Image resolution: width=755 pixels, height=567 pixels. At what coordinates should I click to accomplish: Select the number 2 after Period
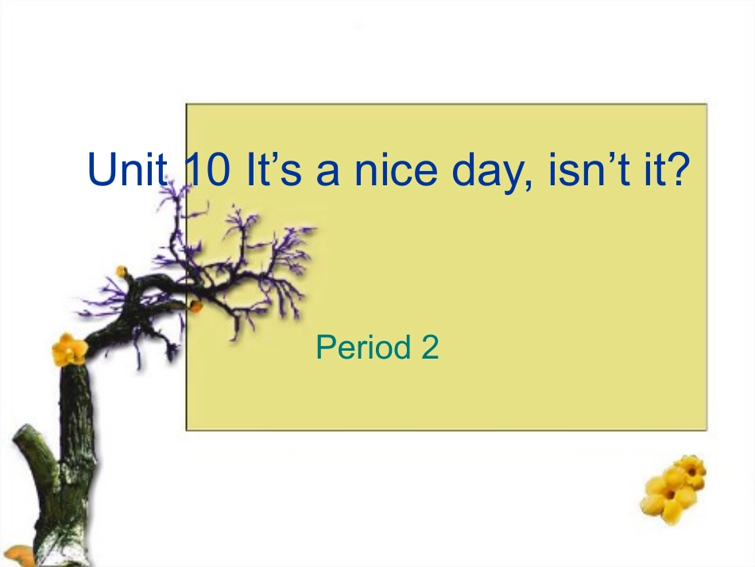(429, 348)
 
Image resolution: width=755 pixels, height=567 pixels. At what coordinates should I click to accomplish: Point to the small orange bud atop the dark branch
(121, 272)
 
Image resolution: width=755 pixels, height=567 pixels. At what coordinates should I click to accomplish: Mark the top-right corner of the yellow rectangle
(706, 104)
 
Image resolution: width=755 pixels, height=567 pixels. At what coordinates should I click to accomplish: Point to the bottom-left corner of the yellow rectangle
(188, 429)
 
